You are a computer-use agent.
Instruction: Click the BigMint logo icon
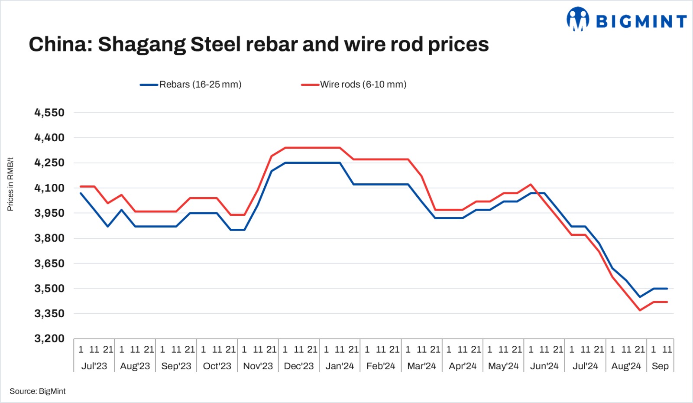(x=578, y=19)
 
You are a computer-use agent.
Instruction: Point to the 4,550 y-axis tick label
(x=49, y=113)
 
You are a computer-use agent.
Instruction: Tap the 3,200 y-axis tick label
(x=49, y=338)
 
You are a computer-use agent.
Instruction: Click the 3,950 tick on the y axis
(x=49, y=213)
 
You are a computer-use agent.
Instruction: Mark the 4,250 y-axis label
(x=49, y=163)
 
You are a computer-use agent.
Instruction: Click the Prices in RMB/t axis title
(x=10, y=184)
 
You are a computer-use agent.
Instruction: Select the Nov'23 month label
(x=258, y=366)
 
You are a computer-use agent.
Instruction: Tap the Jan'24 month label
(x=340, y=366)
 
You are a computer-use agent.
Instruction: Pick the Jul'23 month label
(x=94, y=366)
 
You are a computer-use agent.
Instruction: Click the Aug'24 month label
(x=626, y=366)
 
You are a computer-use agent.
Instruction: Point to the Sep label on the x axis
(x=660, y=366)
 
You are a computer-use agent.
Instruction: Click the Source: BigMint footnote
(x=38, y=391)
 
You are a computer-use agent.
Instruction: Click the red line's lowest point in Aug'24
(x=640, y=310)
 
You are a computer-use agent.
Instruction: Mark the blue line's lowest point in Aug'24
(x=640, y=297)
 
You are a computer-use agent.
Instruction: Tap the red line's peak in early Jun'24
(x=531, y=185)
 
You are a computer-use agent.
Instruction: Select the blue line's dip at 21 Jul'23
(x=108, y=227)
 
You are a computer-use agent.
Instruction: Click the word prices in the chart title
(x=458, y=44)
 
